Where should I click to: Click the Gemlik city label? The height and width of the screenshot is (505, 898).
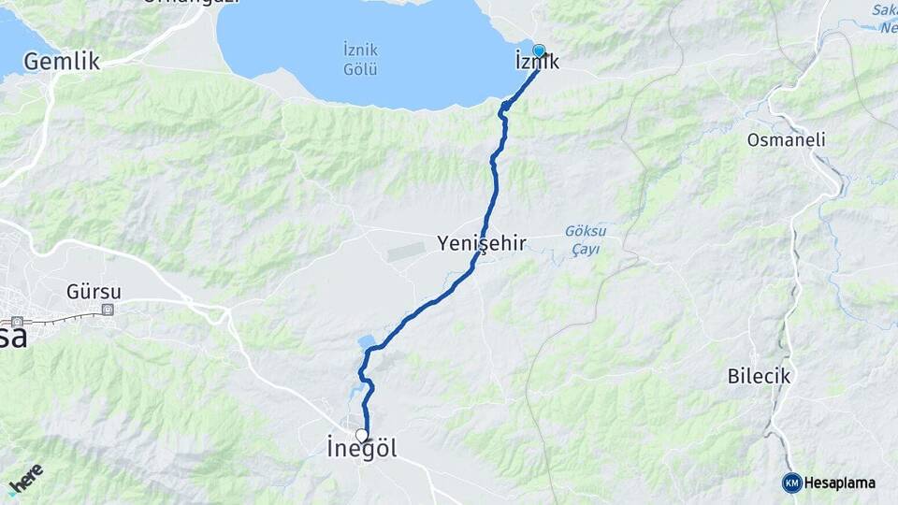click(x=62, y=63)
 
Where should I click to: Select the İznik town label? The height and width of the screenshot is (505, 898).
click(x=537, y=63)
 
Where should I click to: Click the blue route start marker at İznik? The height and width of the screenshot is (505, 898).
click(x=539, y=50)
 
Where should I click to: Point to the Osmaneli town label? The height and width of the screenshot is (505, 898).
click(x=786, y=139)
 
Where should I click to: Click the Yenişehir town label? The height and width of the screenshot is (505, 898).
click(x=482, y=244)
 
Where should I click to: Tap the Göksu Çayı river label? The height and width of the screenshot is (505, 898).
click(x=586, y=240)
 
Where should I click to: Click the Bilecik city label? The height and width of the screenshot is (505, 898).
click(x=760, y=377)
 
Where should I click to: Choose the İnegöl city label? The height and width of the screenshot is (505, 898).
click(x=362, y=449)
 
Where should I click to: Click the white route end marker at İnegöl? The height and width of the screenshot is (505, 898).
click(x=362, y=434)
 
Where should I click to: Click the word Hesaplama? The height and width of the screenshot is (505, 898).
click(x=840, y=483)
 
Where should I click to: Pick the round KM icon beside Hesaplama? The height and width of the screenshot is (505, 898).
click(x=791, y=483)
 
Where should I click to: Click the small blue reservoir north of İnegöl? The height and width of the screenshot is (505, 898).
click(x=366, y=341)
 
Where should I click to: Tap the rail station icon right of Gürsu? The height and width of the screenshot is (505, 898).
click(x=109, y=310)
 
